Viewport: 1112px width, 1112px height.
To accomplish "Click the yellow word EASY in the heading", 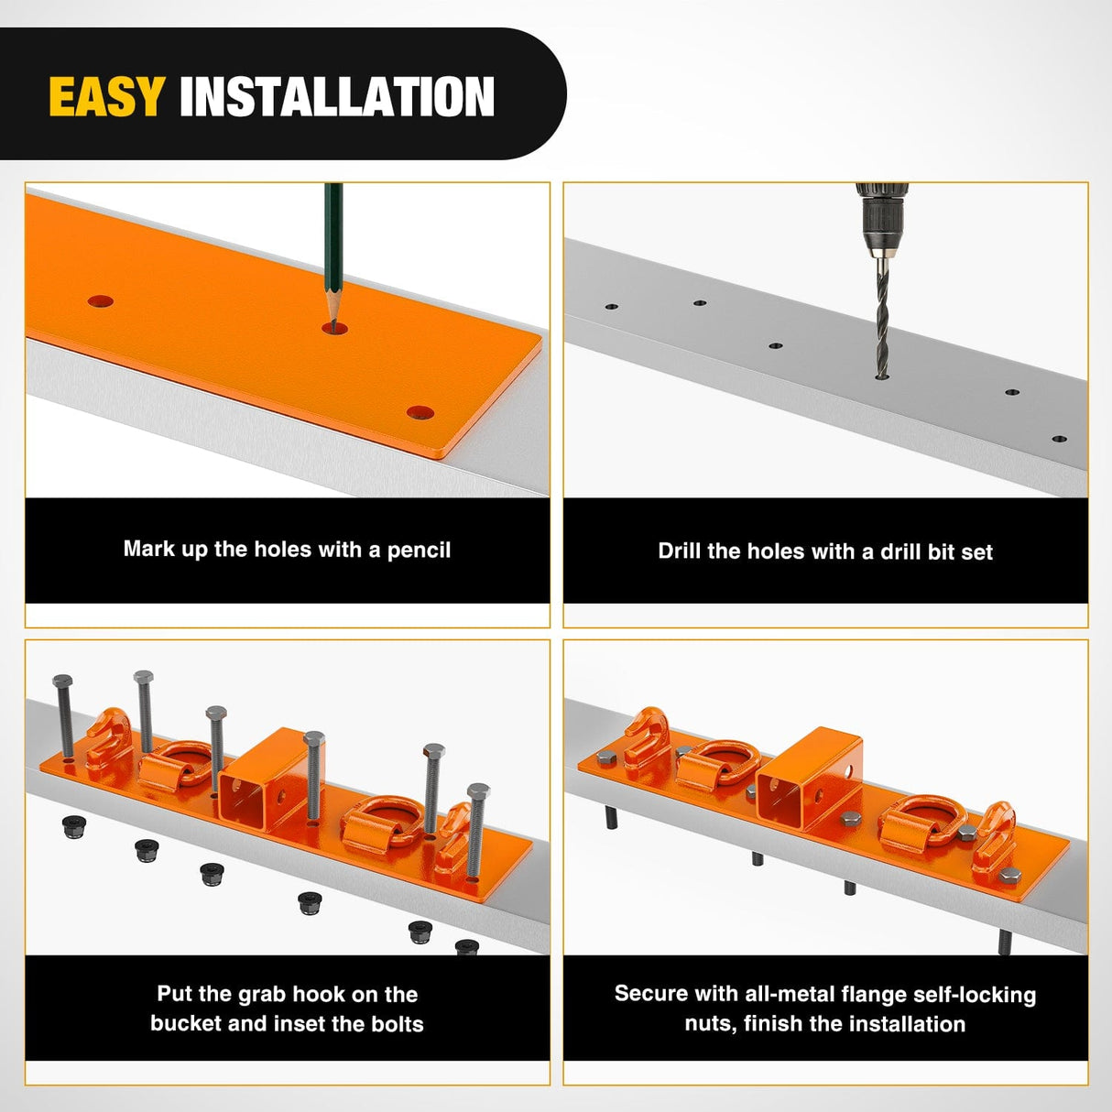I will (x=106, y=97).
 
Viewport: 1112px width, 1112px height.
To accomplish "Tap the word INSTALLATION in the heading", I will (x=336, y=97).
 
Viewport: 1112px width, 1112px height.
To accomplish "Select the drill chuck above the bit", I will (x=881, y=220).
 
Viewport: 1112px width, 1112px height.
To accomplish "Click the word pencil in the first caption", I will (x=419, y=551).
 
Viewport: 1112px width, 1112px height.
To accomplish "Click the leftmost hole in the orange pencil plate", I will (x=101, y=301).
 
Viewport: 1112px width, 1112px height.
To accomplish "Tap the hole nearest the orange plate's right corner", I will (x=420, y=412).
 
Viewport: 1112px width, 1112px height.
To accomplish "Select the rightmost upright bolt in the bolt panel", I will (x=476, y=829).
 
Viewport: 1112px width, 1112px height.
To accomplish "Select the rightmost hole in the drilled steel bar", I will (x=1059, y=439).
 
